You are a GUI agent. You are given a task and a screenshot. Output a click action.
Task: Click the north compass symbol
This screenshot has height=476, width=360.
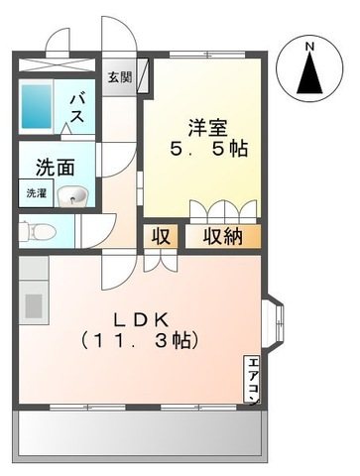click(309, 73)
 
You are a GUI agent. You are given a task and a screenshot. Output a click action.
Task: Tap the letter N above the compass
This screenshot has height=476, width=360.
click(309, 46)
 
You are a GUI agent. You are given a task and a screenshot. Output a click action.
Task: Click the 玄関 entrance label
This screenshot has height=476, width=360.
click(119, 76)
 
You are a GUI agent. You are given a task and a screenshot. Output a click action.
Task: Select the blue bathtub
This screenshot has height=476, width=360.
click(39, 108)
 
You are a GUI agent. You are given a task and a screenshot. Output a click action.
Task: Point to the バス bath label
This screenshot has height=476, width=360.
click(76, 107)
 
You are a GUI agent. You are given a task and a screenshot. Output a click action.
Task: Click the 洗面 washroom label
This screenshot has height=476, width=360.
click(56, 168)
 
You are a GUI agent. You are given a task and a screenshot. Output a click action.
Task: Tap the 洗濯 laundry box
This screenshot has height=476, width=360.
click(36, 193)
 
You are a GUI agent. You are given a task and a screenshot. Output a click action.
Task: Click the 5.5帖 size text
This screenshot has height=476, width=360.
click(207, 150)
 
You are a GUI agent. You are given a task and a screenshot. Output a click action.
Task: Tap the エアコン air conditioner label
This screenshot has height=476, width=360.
click(253, 376)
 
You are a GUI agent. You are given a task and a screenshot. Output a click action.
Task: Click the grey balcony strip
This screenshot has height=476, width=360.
click(139, 433)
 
